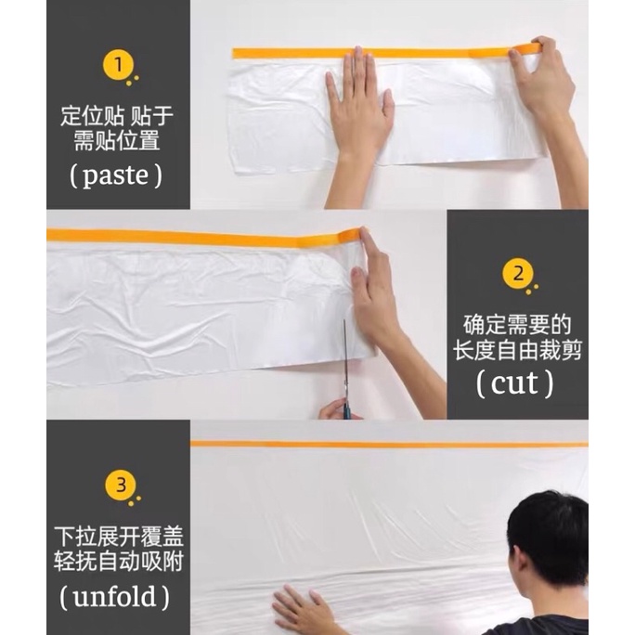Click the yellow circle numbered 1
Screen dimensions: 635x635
(118, 65)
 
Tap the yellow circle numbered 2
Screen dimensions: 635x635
(518, 274)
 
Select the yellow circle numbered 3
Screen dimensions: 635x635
(121, 486)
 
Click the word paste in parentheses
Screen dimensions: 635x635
(116, 176)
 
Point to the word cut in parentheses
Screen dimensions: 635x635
(514, 383)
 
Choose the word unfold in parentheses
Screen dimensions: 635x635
(114, 597)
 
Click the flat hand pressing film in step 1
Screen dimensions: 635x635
(358, 113)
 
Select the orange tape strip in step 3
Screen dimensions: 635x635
(389, 445)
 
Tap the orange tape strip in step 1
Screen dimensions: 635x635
(387, 52)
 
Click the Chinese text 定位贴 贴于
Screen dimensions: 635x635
(117, 116)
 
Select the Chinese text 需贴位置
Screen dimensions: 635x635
(117, 141)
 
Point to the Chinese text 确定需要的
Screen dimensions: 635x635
(517, 325)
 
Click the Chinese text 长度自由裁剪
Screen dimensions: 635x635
(517, 350)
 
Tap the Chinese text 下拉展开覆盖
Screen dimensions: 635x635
(119, 537)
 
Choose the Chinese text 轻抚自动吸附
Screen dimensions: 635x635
(119, 562)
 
